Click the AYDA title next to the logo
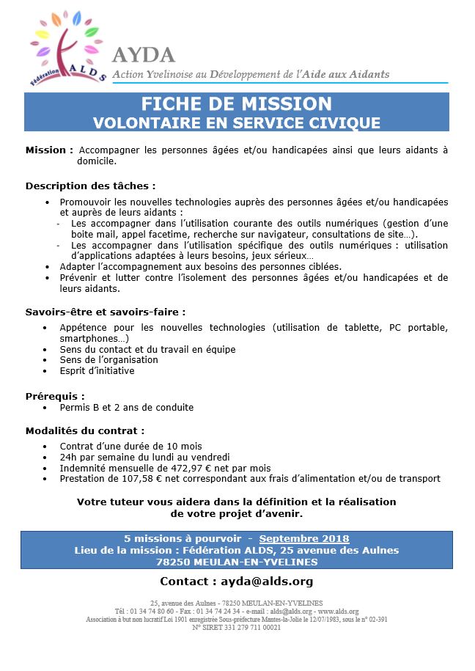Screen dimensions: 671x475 coord(144,55)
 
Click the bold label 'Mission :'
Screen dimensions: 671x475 coord(49,150)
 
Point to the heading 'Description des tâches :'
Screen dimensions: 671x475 coord(90,186)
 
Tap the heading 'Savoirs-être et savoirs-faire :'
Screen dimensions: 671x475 coord(106,311)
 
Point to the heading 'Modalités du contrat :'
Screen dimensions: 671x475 coord(85,430)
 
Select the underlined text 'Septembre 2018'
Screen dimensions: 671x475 coord(304,539)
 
